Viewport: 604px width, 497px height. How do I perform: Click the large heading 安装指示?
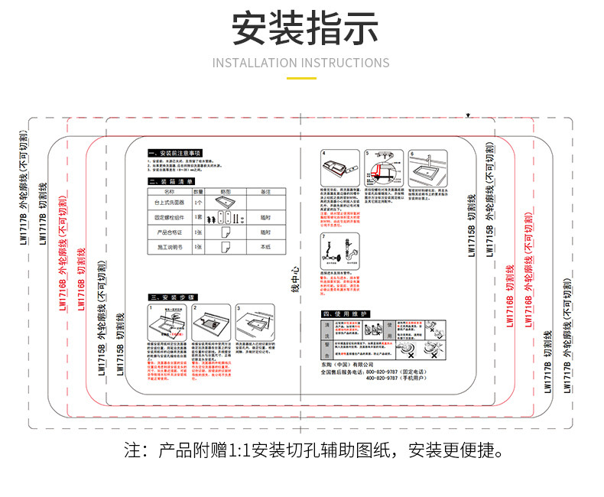click(301, 29)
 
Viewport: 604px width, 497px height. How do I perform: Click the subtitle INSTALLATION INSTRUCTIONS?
click(301, 63)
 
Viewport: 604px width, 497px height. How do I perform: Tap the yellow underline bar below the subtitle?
click(301, 78)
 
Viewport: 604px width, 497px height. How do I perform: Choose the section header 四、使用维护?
click(346, 314)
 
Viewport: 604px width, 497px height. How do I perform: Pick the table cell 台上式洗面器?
click(168, 203)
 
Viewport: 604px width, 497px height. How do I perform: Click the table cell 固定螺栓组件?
click(168, 217)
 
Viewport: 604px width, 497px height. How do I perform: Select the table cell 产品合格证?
click(168, 232)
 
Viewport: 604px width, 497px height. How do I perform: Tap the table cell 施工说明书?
click(168, 247)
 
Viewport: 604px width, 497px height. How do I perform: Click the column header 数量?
click(198, 190)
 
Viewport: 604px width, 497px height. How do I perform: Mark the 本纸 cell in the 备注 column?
click(265, 247)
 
